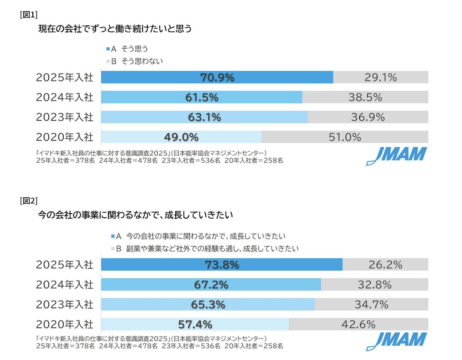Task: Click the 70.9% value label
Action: coord(217,77)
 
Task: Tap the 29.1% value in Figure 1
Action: coord(381,77)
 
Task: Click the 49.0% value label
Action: coord(182,137)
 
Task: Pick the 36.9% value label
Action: coord(368,117)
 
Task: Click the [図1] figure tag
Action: coord(29,15)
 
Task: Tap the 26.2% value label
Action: coord(385,265)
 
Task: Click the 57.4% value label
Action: coord(195,324)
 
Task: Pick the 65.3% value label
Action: coord(208,305)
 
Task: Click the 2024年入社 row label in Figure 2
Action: coord(65,285)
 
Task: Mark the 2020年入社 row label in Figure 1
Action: coord(65,137)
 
